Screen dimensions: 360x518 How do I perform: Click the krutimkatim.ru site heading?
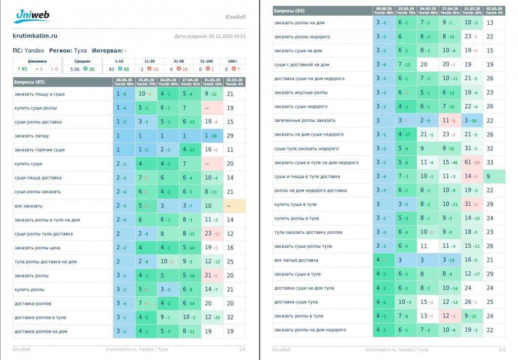pos(35,36)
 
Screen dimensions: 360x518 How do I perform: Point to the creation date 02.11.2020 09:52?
pos(210,36)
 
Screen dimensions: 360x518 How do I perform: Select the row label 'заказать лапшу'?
pos(31,136)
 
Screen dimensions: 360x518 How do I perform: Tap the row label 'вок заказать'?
pos(28,206)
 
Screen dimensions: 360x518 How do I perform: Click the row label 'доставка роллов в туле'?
pos(40,318)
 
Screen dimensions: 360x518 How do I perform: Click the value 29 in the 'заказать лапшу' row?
pos(230,136)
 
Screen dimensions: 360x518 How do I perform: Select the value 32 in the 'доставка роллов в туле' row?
pos(230,318)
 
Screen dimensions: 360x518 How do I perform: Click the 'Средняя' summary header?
pos(83,60)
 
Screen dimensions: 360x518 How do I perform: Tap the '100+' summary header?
pos(233,60)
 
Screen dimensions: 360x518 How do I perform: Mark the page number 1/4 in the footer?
pos(242,349)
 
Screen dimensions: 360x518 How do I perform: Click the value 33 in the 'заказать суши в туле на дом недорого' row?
pos(490,162)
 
